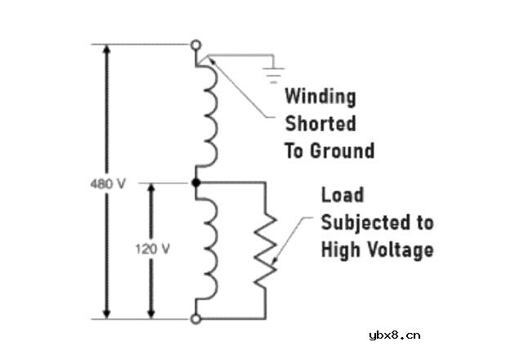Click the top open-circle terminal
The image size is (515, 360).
pyautogui.click(x=196, y=45)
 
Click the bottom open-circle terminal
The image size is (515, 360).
pyautogui.click(x=195, y=318)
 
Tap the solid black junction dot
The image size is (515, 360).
pyautogui.click(x=196, y=182)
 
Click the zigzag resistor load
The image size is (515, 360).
pyautogui.click(x=266, y=251)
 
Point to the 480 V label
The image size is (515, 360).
pyautogui.click(x=108, y=184)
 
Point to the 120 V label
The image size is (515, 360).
pyautogui.click(x=153, y=250)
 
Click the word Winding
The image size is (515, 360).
pyautogui.click(x=320, y=97)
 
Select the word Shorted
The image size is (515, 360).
pyautogui.click(x=320, y=124)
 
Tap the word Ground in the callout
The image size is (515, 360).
pyautogui.click(x=343, y=151)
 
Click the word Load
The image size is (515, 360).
pyautogui.click(x=343, y=195)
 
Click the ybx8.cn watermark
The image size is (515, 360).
pyautogui.click(x=395, y=335)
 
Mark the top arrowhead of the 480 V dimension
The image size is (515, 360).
pyautogui.click(x=106, y=49)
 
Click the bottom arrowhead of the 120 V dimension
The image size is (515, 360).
pyautogui.click(x=151, y=313)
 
